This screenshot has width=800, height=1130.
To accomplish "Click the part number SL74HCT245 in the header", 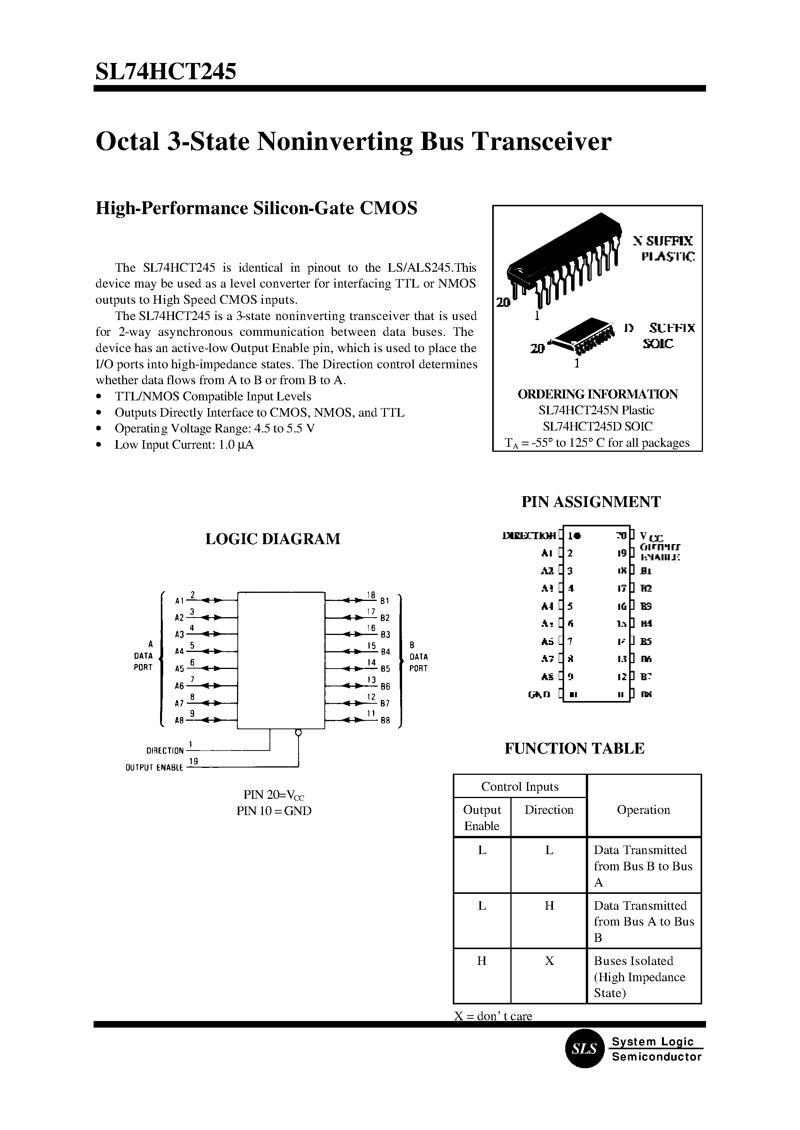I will [x=166, y=71].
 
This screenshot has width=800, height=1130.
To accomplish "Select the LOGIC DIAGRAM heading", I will [x=273, y=539].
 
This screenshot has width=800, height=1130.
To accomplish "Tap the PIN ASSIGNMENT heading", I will [x=591, y=502].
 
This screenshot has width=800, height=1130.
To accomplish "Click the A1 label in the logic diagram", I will [x=179, y=601].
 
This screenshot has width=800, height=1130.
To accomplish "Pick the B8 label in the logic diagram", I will [x=385, y=720].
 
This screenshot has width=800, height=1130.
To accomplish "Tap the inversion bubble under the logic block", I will [x=298, y=733].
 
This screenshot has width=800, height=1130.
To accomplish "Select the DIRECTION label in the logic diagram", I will [x=165, y=751].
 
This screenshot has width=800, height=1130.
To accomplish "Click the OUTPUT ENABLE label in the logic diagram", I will [x=154, y=768].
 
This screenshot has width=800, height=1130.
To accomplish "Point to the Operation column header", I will [x=643, y=810].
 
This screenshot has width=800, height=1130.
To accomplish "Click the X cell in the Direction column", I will [x=549, y=961].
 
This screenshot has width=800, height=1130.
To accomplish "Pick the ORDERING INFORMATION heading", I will [x=597, y=395].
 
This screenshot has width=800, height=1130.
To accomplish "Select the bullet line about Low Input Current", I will [x=184, y=444].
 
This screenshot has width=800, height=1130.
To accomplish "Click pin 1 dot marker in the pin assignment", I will [x=577, y=535].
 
